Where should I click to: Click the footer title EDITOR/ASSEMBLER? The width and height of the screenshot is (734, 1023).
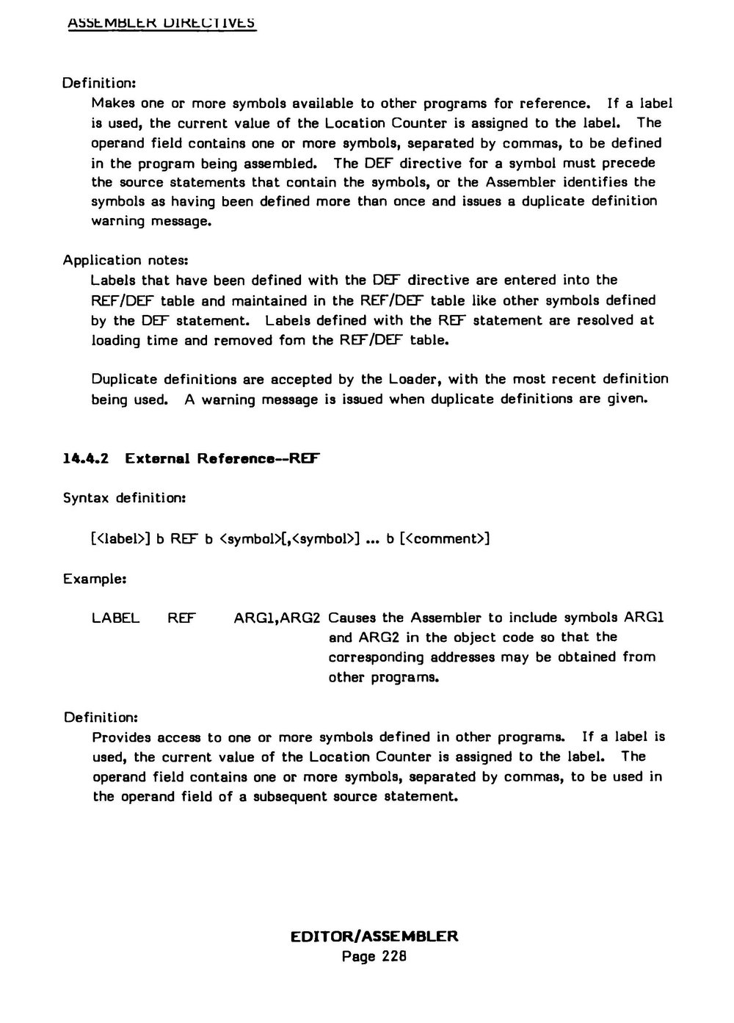pos(374,936)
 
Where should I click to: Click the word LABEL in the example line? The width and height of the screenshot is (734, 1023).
pos(115,618)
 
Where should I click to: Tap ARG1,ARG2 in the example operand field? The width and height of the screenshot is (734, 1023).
pos(277,618)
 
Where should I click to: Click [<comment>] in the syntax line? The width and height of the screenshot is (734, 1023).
pos(444,539)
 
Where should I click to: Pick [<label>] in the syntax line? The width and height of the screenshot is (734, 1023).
pos(122,539)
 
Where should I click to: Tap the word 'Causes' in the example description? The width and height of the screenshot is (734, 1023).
pos(352,618)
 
